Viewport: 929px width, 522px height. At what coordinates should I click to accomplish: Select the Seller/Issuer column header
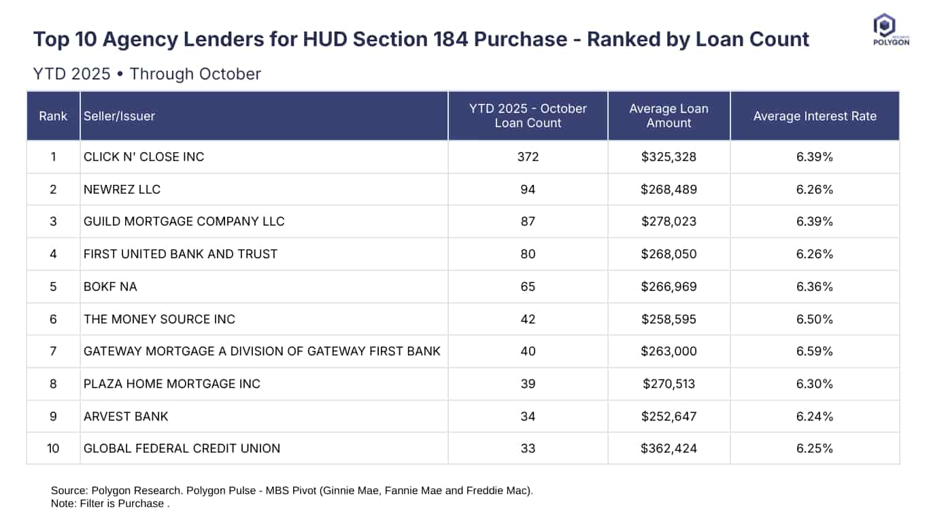(x=119, y=116)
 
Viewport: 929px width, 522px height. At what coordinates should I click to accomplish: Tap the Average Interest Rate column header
(x=815, y=116)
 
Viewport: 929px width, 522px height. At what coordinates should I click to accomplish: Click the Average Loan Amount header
(x=669, y=116)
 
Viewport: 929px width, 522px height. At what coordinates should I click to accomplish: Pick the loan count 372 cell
(x=528, y=157)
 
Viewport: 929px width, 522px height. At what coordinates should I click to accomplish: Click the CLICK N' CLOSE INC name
(x=143, y=157)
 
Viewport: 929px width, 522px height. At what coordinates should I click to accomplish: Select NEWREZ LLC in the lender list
(x=122, y=190)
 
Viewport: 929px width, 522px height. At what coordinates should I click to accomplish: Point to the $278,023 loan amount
(x=669, y=222)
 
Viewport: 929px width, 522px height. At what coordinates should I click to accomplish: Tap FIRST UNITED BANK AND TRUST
(x=180, y=254)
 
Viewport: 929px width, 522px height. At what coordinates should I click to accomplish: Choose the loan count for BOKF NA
(x=528, y=287)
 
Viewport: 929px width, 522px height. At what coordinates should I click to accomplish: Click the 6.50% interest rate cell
(x=815, y=319)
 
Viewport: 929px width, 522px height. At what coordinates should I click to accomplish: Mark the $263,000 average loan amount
(x=669, y=351)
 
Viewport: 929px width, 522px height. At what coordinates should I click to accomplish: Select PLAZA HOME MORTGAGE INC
(x=171, y=384)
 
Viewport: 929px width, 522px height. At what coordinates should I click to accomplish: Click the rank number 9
(x=53, y=416)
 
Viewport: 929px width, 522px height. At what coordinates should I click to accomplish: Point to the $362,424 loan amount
(x=669, y=449)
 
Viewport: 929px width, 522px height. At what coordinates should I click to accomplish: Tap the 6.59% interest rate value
(x=815, y=351)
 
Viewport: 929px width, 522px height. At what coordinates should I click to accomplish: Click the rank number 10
(x=53, y=449)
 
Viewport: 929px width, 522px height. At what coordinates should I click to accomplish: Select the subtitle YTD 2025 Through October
(x=147, y=73)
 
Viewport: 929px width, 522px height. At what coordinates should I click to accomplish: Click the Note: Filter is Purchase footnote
(x=109, y=504)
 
